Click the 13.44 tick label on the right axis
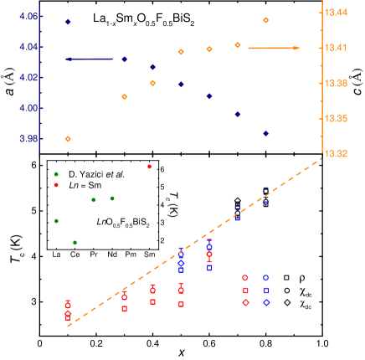(x=337, y=13)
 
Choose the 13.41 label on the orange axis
(x=337, y=48)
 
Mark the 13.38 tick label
(x=337, y=83)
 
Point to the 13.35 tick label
(x=337, y=119)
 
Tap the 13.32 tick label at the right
(x=337, y=154)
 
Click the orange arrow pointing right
(x=273, y=48)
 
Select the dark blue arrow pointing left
(x=90, y=59)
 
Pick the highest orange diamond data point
(x=265, y=20)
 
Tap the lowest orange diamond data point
(x=68, y=139)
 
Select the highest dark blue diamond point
(x=68, y=22)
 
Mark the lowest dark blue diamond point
(x=265, y=133)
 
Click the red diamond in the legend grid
(x=245, y=302)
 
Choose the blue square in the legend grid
(x=266, y=291)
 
